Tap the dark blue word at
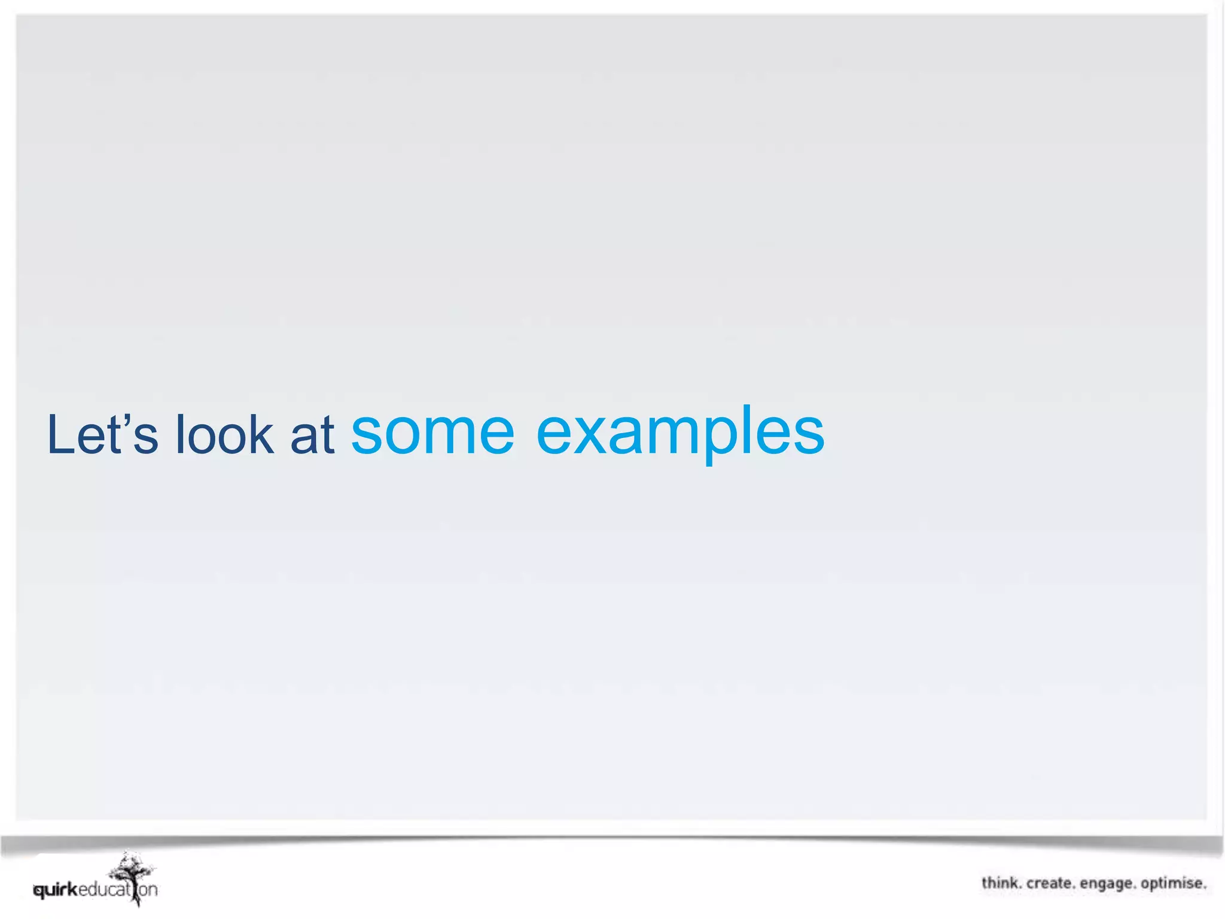pos(312,435)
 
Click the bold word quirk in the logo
pos(56,890)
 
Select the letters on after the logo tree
pos(148,890)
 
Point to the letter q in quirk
pos(39,891)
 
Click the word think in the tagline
pos(1001,884)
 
